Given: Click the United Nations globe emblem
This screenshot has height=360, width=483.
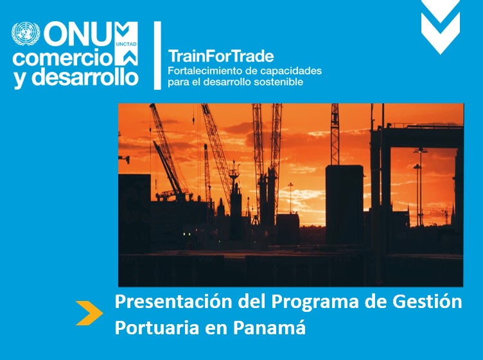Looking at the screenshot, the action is click(x=26, y=34).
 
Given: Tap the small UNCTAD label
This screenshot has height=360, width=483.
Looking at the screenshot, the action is click(x=126, y=44).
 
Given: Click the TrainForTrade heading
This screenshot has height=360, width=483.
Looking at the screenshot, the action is click(x=221, y=56).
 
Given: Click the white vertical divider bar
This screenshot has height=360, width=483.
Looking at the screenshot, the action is click(x=157, y=55).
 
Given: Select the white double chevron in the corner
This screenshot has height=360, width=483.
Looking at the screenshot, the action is click(x=441, y=26).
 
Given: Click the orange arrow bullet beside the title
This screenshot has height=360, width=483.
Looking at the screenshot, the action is click(x=89, y=313).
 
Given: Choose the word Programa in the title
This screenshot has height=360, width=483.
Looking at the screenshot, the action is click(x=315, y=303).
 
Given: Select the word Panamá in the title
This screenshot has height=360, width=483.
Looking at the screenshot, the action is click(x=269, y=327).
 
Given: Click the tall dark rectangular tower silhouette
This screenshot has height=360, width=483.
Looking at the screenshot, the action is click(x=344, y=205).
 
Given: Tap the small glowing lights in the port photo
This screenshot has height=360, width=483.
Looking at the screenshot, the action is click(x=186, y=234).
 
